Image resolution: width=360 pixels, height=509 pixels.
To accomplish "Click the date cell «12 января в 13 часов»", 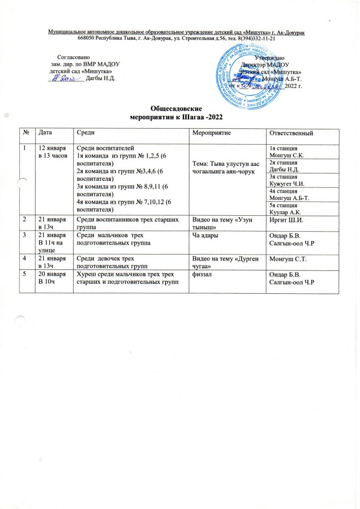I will pos(52,150).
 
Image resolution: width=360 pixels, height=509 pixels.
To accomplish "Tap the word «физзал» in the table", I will pos(202,275).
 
